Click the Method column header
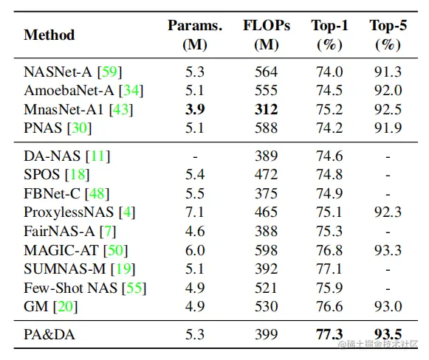[x=49, y=35]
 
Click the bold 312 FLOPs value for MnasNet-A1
[x=266, y=109]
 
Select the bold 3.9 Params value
[x=194, y=109]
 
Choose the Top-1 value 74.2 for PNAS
[x=329, y=128]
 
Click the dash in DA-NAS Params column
[x=194, y=156]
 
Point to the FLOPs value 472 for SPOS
[x=266, y=175]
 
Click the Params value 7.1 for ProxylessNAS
[x=194, y=212]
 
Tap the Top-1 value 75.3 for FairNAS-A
[x=329, y=231]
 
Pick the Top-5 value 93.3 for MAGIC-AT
[x=388, y=250]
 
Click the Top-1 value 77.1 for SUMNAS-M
[x=329, y=269]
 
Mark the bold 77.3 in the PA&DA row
[x=329, y=335]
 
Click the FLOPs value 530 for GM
[x=266, y=306]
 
